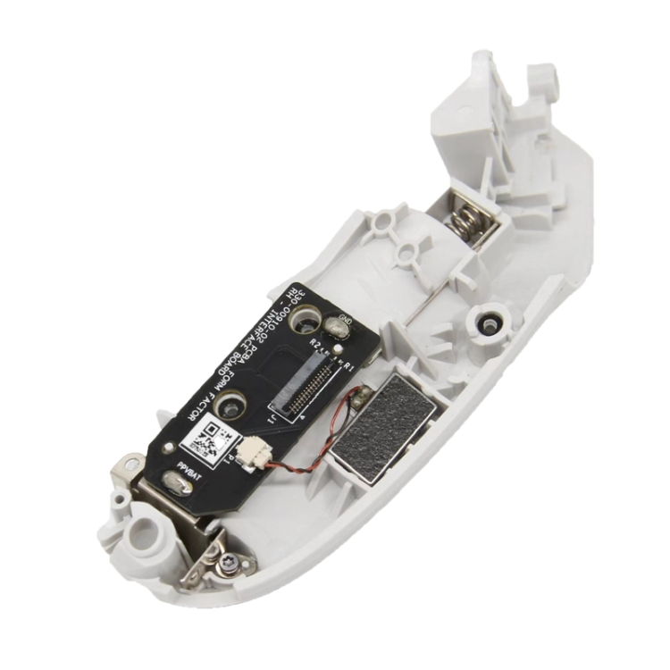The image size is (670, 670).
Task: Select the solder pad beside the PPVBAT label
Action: (x=177, y=484)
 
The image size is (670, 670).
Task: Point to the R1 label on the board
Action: (x=349, y=366)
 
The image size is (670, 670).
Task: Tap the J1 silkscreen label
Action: (x=269, y=416)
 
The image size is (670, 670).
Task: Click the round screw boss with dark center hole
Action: (x=488, y=323)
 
